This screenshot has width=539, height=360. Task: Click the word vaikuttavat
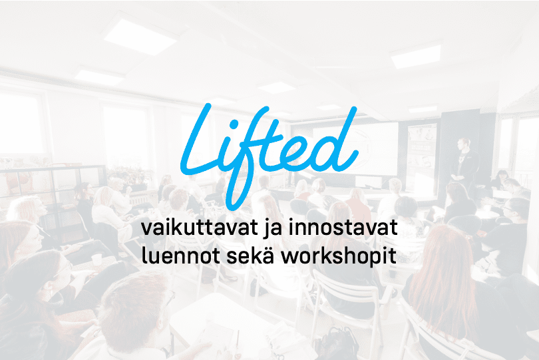tap(200, 228)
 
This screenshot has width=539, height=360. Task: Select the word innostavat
tap(343, 228)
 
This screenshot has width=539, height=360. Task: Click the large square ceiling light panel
tap(140, 37)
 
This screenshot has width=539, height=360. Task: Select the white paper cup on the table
tap(97, 260)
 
